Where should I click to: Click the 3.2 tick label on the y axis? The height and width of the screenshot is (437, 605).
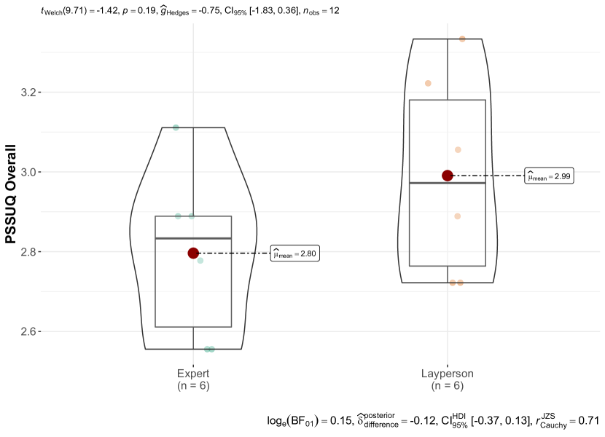28,92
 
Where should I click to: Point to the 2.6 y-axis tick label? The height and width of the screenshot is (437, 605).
28,331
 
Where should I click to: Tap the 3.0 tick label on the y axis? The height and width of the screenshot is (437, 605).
28,172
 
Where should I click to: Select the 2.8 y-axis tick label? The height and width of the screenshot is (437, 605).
28,252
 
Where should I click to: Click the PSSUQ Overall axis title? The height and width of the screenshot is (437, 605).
11,194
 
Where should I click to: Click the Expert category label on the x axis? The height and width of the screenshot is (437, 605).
193,374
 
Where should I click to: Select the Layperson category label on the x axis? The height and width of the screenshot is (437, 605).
448,374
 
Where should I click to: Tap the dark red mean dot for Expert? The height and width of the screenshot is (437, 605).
193,253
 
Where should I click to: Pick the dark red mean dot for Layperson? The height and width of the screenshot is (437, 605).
448,176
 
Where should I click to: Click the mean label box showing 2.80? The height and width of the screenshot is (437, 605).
295,253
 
